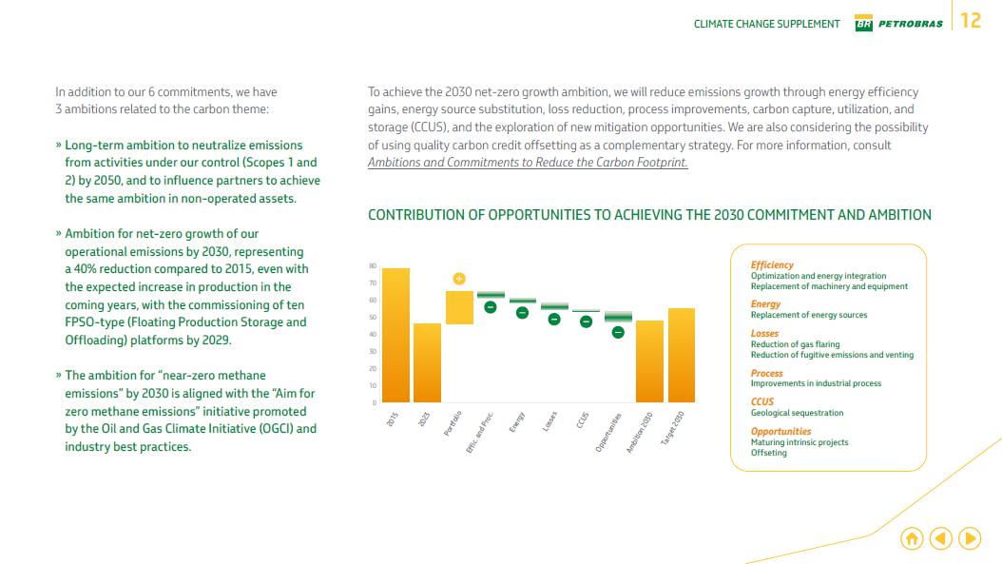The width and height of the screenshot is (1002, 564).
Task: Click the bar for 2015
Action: [395, 335]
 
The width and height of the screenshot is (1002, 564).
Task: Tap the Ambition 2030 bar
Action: [649, 360]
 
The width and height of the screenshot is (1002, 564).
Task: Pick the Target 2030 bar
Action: [682, 355]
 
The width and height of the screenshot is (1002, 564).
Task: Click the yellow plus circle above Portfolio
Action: [459, 279]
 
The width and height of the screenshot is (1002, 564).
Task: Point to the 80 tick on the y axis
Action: [373, 266]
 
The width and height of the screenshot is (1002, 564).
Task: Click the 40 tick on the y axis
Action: [373, 335]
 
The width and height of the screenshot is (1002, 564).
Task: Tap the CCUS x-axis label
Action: [583, 420]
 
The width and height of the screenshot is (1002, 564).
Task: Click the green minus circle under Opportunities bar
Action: [618, 332]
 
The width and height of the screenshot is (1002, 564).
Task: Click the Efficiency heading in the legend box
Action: [772, 265]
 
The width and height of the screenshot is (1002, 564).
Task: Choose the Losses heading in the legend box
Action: [764, 334]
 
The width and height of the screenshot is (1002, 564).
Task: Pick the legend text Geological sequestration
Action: [797, 413]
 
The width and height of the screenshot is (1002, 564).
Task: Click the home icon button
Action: [911, 538]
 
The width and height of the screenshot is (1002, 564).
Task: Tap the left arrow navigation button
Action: [940, 538]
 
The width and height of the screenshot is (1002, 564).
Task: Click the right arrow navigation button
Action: [970, 538]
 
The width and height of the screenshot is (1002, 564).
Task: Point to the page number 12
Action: [971, 21]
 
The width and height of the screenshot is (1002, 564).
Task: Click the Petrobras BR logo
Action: [863, 24]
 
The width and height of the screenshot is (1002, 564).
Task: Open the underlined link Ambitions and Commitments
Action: [528, 163]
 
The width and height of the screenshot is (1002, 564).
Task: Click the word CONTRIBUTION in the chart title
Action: [415, 215]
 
